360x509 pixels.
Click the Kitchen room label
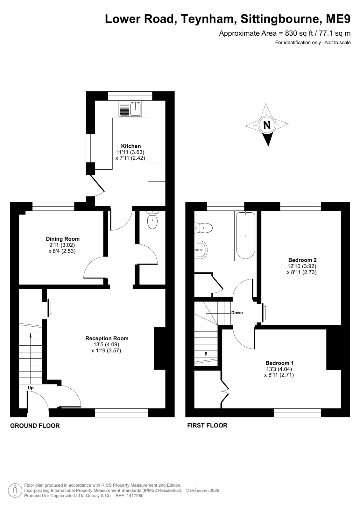131,146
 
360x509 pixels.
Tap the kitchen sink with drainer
130,109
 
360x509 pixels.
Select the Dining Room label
63,239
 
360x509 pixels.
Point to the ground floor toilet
152,220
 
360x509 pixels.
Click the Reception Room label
107,338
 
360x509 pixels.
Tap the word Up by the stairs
31,388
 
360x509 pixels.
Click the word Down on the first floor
237,313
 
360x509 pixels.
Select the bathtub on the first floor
246,236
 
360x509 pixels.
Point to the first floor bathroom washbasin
201,250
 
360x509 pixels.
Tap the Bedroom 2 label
302,260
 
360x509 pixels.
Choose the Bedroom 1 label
279,363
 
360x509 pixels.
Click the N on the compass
267,125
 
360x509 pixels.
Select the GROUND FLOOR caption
35,426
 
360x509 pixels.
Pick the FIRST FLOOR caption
207,425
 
